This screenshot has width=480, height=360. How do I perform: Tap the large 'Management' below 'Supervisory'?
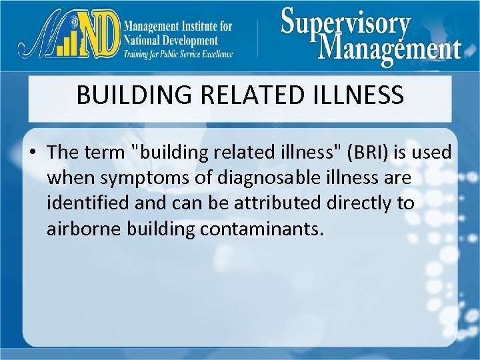389,48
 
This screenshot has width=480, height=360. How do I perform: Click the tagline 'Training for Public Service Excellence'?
178,54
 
